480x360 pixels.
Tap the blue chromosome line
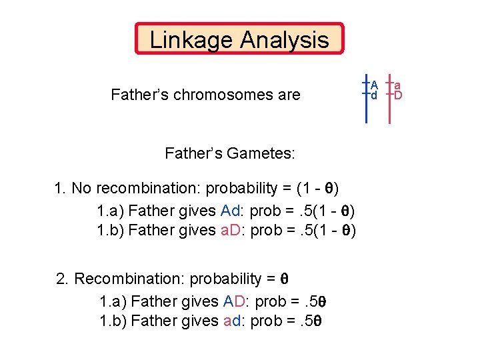pyautogui.click(x=366, y=110)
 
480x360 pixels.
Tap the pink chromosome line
pyautogui.click(x=389, y=110)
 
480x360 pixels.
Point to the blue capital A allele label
pyautogui.click(x=375, y=85)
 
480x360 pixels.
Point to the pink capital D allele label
pyautogui.click(x=398, y=95)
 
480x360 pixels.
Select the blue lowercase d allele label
pyautogui.click(x=374, y=95)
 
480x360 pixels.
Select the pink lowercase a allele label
pyautogui.click(x=397, y=85)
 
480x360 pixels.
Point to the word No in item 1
pyautogui.click(x=81, y=189)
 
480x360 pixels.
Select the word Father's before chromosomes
pyautogui.click(x=140, y=95)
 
